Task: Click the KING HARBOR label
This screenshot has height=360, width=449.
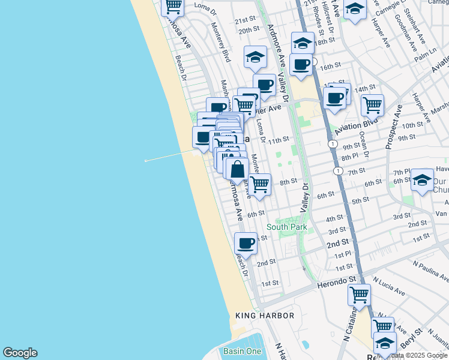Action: pos(265,316)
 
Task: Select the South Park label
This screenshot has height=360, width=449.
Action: pos(286,227)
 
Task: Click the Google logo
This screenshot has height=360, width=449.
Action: pos(20,353)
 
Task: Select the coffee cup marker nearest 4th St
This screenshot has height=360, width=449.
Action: pos(246,243)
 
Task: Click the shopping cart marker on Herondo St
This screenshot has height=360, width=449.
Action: pos(359,295)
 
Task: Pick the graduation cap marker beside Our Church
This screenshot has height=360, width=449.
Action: pos(422,180)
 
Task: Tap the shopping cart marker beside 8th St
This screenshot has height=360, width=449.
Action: pos(260,184)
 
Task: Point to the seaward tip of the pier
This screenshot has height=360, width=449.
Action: pos(146,161)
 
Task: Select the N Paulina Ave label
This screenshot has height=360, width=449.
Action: pos(430,270)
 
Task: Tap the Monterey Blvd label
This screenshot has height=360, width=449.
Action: pos(220,41)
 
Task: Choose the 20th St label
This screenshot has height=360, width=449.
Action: pos(248,30)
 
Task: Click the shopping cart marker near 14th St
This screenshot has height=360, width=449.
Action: pos(372,105)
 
